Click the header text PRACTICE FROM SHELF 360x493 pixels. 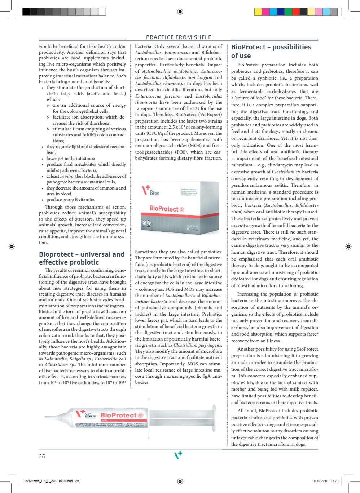pyautogui.click(x=179, y=37)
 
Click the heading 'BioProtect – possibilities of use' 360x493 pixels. pyautogui.click(x=271, y=51)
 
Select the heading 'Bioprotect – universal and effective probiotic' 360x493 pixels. pyautogui.click(x=82, y=258)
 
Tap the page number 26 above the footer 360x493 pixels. pyautogui.click(x=42, y=456)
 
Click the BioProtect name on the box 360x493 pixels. pyautogui.click(x=164, y=209)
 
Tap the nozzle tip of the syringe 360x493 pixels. pyautogui.click(x=46, y=424)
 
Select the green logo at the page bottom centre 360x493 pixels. pyautogui.click(x=178, y=455)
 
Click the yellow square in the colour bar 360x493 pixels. pyautogui.click(x=258, y=12)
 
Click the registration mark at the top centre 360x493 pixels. pyautogui.click(x=180, y=12)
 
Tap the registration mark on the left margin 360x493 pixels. pyautogui.click(x=12, y=246)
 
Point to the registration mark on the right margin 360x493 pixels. pyautogui.click(x=348, y=246)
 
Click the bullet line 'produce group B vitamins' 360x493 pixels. pyautogui.click(x=71, y=200)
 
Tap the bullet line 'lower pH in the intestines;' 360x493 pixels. pyautogui.click(x=71, y=158)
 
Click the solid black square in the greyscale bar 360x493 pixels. pyautogui.click(x=26, y=12)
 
